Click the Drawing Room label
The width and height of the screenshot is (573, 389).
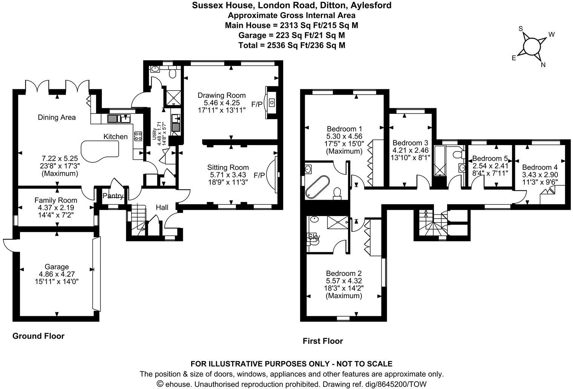pyautogui.click(x=222, y=95)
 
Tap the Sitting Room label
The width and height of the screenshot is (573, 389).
pyautogui.click(x=228, y=167)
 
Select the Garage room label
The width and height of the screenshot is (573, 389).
pyautogui.click(x=57, y=266)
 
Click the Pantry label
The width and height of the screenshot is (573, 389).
pyautogui.click(x=113, y=196)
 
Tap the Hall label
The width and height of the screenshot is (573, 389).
pyautogui.click(x=162, y=207)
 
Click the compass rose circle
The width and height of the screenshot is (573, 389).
pyautogui.click(x=532, y=46)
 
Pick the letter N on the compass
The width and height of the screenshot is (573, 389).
pyautogui.click(x=543, y=64)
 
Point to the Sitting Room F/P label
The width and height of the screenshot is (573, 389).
pyautogui.click(x=259, y=175)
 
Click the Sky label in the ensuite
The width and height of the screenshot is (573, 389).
pyautogui.click(x=314, y=237)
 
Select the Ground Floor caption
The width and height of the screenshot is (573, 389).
pyautogui.click(x=38, y=336)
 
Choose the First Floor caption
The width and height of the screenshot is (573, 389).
pyautogui.click(x=323, y=341)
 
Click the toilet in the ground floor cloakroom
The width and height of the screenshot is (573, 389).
pyautogui.click(x=173, y=73)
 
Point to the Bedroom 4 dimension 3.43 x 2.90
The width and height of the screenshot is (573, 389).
pyautogui.click(x=540, y=175)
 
